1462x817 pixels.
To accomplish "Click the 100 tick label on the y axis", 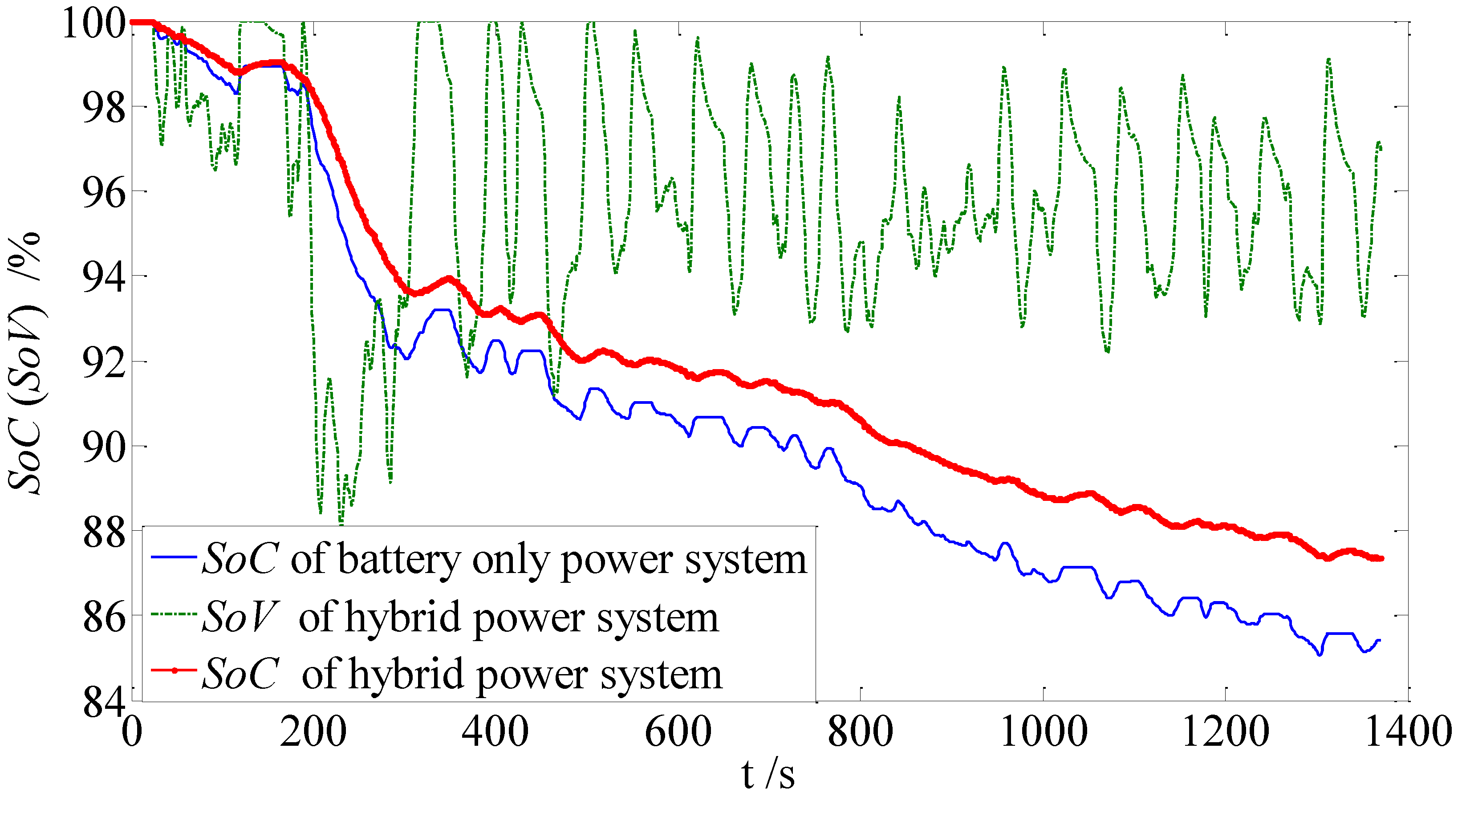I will coord(93,24).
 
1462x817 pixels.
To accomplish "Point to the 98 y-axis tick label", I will coord(103,108).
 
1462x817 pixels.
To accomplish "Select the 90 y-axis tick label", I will coord(103,448).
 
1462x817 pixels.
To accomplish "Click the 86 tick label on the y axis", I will coord(103,617).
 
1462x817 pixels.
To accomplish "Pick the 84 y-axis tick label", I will coord(103,702).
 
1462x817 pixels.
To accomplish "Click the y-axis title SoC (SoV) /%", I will coord(25,363).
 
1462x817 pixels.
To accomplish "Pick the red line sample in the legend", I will coord(174,671).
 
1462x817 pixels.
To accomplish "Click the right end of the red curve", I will coord(1381,559).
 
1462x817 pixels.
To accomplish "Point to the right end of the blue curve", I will coord(1379,640).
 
